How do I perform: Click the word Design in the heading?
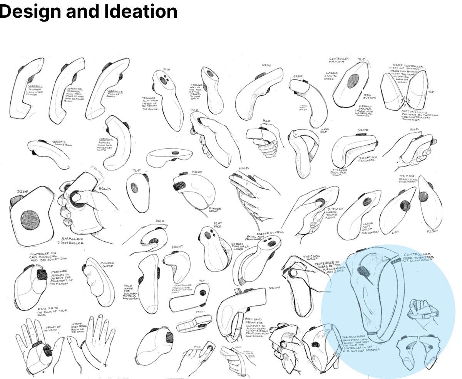pos(29,12)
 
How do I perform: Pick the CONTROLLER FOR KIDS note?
pos(339,61)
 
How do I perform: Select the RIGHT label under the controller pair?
pos(433,231)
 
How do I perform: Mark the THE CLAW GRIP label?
pos(311,257)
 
